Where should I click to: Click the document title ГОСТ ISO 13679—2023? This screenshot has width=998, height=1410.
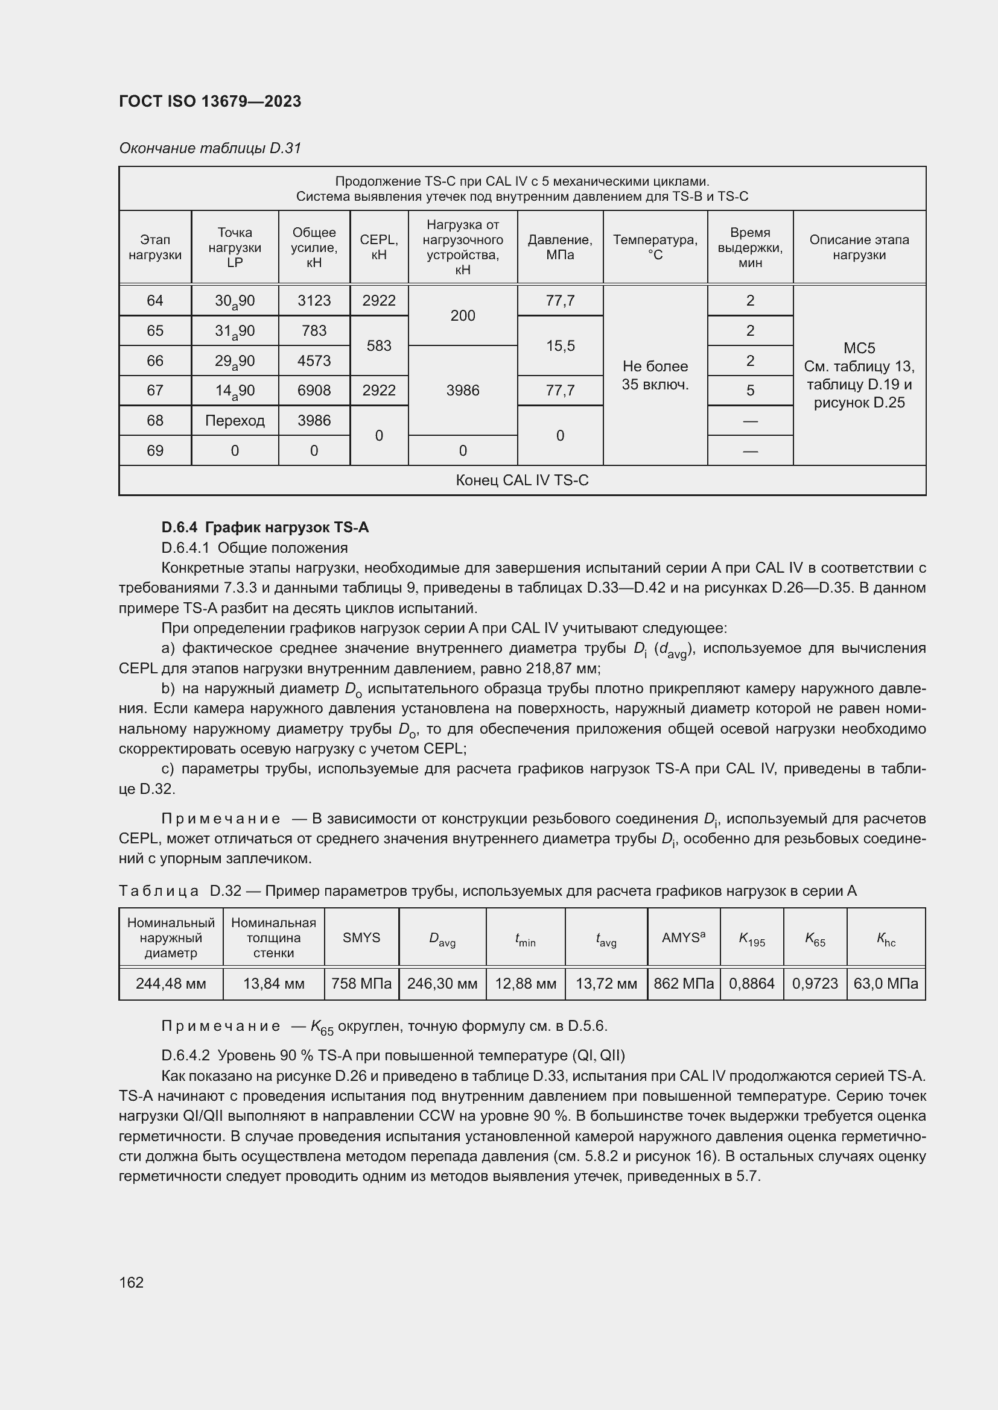pos(209,101)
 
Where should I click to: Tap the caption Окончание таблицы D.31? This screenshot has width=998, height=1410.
pos(209,148)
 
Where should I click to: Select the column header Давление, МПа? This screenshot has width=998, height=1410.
pos(559,247)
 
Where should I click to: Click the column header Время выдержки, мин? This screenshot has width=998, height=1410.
pos(750,247)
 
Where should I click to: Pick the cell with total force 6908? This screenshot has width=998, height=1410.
pos(313,391)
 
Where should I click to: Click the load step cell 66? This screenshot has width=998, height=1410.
pos(155,360)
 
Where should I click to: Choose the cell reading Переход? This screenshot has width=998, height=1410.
pos(235,421)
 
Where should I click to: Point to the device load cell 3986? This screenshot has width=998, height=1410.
pos(462,391)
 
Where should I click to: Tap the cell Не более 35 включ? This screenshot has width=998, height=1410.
pos(655,375)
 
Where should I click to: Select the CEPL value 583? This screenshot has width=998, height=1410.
pos(378,346)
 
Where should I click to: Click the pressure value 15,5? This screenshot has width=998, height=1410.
pos(559,346)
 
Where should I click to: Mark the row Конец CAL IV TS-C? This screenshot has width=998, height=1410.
pos(522,480)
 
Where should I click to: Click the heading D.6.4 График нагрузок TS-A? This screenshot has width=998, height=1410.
pos(265,527)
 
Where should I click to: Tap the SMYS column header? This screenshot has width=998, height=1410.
pos(361,938)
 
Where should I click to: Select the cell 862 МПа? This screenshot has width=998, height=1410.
pos(684,984)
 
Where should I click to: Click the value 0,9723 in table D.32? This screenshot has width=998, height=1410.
pos(814,984)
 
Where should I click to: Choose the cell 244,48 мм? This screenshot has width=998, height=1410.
pos(171,984)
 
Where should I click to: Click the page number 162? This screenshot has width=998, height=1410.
pos(132,1282)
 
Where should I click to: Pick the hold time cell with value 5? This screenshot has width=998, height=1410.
pos(750,391)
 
